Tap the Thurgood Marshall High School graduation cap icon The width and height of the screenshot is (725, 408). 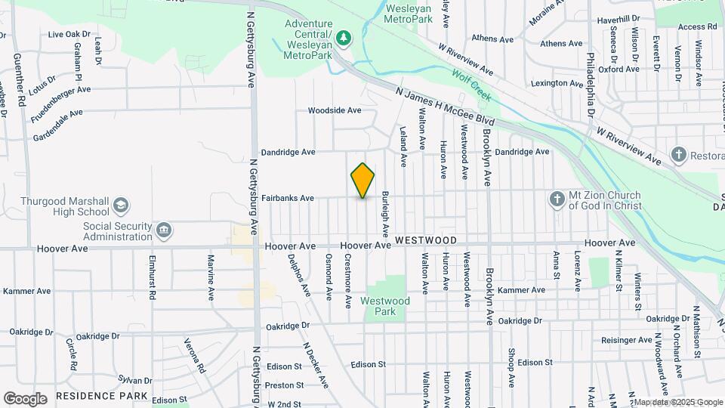coord(121,206)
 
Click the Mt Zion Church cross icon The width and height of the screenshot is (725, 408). coord(557,199)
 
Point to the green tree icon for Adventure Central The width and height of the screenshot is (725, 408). coord(344,36)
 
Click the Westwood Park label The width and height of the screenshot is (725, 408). coord(385,306)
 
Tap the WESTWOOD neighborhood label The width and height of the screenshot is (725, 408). coord(425,240)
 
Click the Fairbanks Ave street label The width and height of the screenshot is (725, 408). coord(288,199)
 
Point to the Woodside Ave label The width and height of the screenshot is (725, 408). coord(335,110)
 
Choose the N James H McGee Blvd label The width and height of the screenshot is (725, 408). coord(446,106)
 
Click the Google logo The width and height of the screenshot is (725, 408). coord(25,398)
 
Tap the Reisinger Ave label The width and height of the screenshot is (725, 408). coord(626,340)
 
